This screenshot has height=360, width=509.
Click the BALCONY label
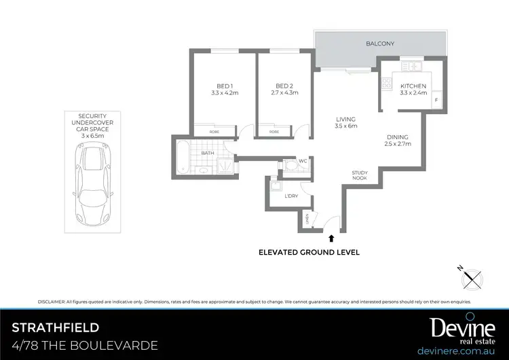(x=380, y=43)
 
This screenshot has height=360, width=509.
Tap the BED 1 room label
(x=224, y=86)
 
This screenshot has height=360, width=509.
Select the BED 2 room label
(x=284, y=86)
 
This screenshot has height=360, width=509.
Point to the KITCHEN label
(x=413, y=86)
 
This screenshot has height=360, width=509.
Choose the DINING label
(x=398, y=137)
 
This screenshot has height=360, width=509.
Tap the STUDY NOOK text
(x=360, y=175)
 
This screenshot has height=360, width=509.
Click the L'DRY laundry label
(x=291, y=196)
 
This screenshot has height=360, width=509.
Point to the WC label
(x=303, y=161)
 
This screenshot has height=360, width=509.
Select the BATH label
(x=208, y=154)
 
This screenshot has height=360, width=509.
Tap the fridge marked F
(x=436, y=101)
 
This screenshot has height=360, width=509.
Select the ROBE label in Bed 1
(x=214, y=132)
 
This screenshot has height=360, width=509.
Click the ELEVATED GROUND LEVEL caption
(x=309, y=252)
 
